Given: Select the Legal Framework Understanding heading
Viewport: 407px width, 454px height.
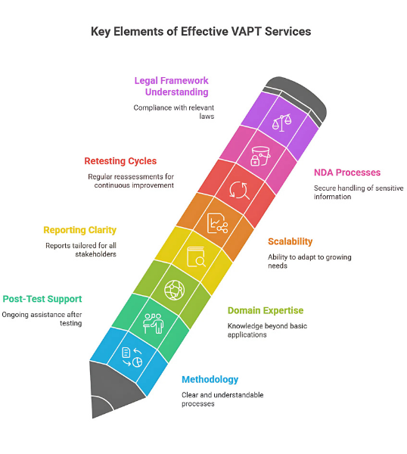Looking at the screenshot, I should point(172,86).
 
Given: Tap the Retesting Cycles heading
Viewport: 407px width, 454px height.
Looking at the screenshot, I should point(120,160).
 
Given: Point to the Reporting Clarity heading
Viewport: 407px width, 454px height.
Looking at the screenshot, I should point(79,230).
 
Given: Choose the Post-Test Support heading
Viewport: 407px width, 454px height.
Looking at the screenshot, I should point(42,299).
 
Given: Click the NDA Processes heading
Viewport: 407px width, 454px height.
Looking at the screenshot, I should point(347,173).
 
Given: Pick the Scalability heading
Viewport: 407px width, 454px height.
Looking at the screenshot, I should point(290,241).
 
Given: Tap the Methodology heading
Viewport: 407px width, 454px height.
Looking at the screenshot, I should point(210,379).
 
